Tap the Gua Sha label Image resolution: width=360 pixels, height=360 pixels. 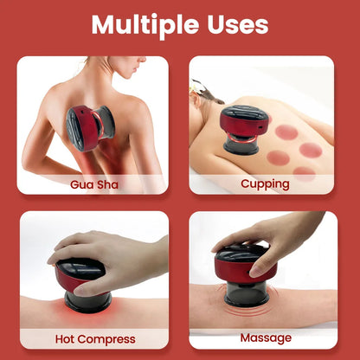94,184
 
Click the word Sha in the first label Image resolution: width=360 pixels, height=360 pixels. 111,184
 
